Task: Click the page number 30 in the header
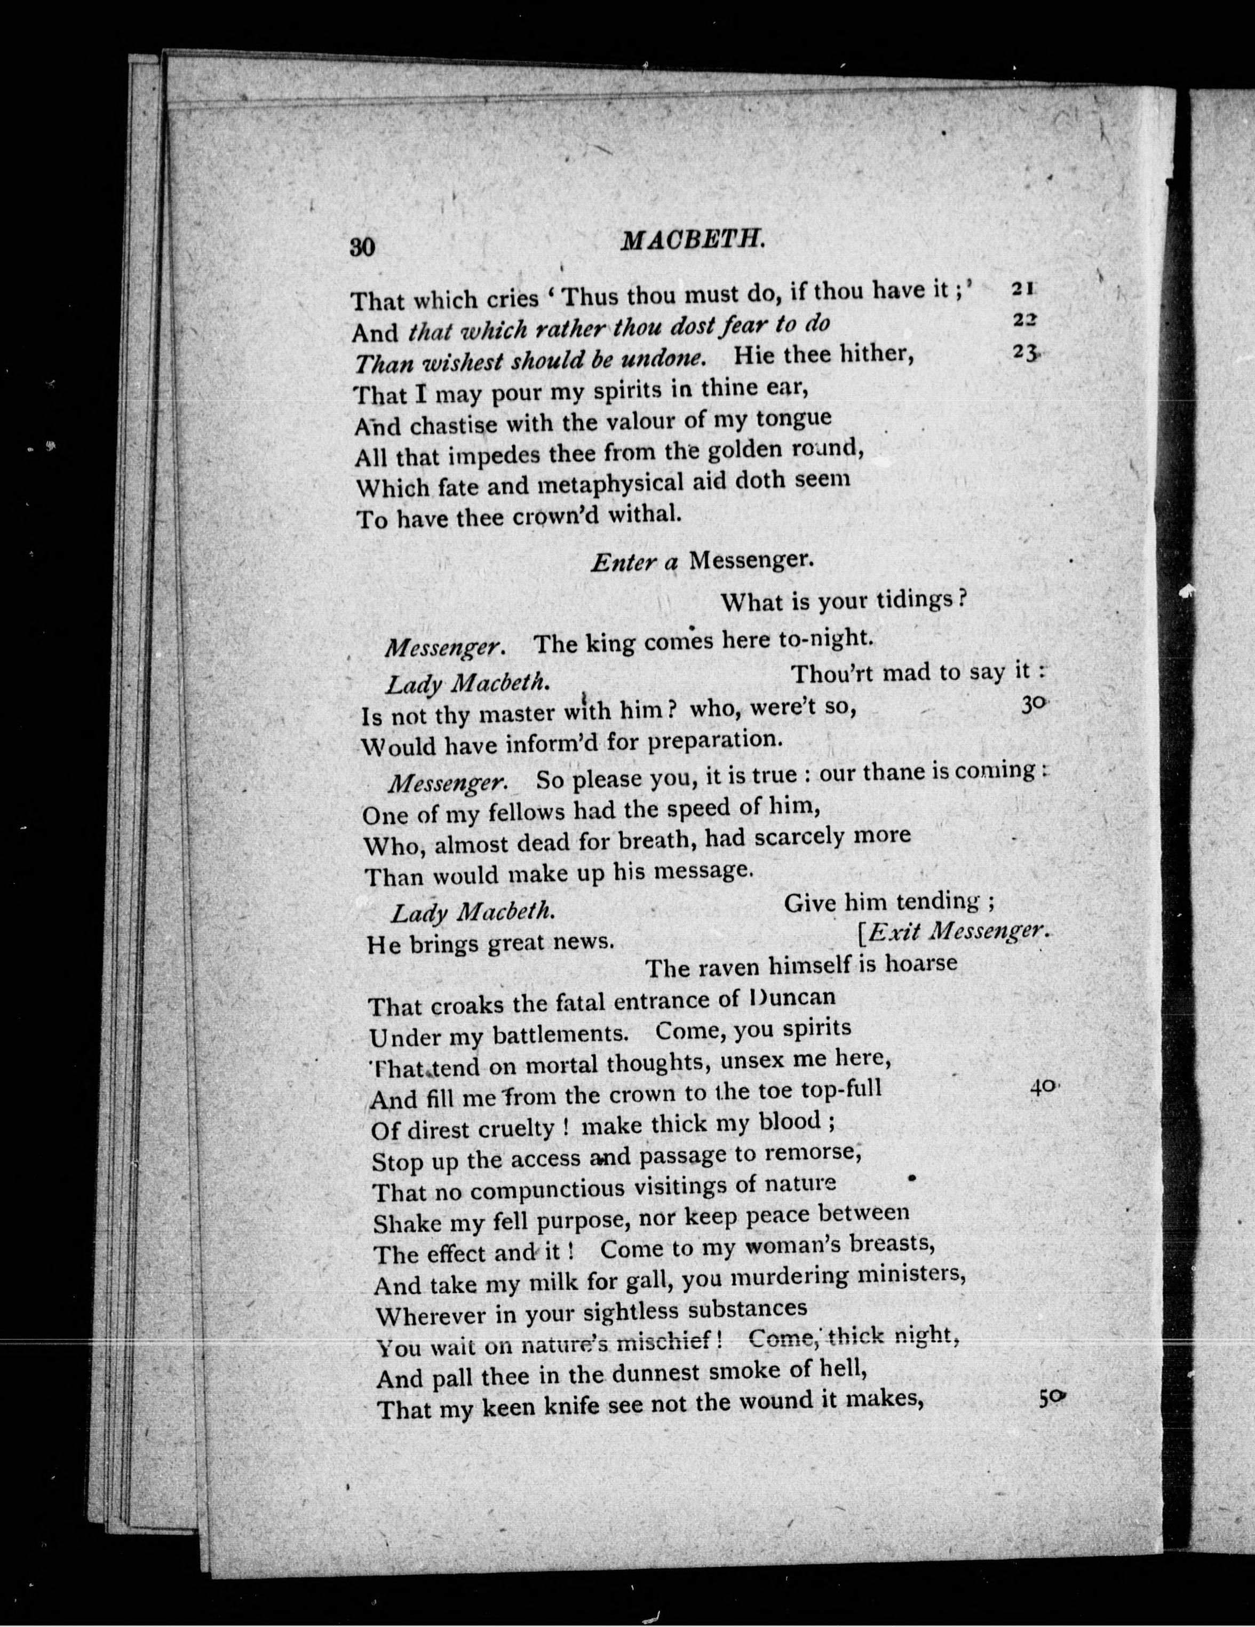coord(363,247)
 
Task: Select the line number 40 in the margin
coord(1044,1086)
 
